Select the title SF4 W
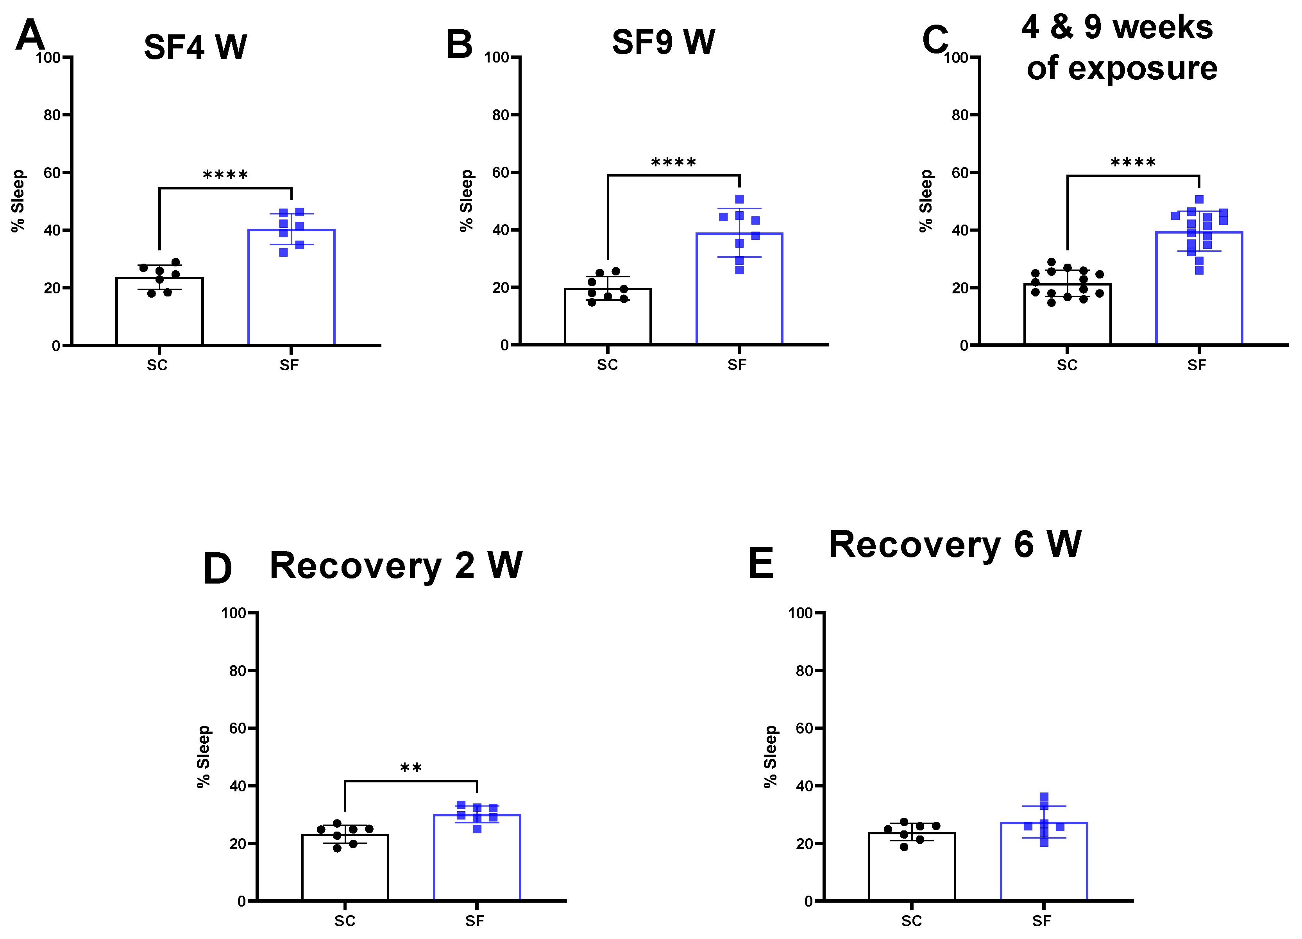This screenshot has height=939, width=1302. tap(195, 47)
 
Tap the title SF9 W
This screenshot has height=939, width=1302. tap(663, 43)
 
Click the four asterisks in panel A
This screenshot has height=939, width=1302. tap(225, 175)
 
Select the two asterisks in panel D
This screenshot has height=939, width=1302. tap(411, 768)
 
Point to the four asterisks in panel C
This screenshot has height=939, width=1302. tap(1133, 162)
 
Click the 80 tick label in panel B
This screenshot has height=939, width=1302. tap(501, 115)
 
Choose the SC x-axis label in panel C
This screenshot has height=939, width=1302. tap(1067, 365)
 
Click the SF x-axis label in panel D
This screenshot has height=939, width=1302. tap(475, 921)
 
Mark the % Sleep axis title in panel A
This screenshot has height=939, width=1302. tap(18, 201)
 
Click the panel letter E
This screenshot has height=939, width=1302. tap(761, 564)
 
